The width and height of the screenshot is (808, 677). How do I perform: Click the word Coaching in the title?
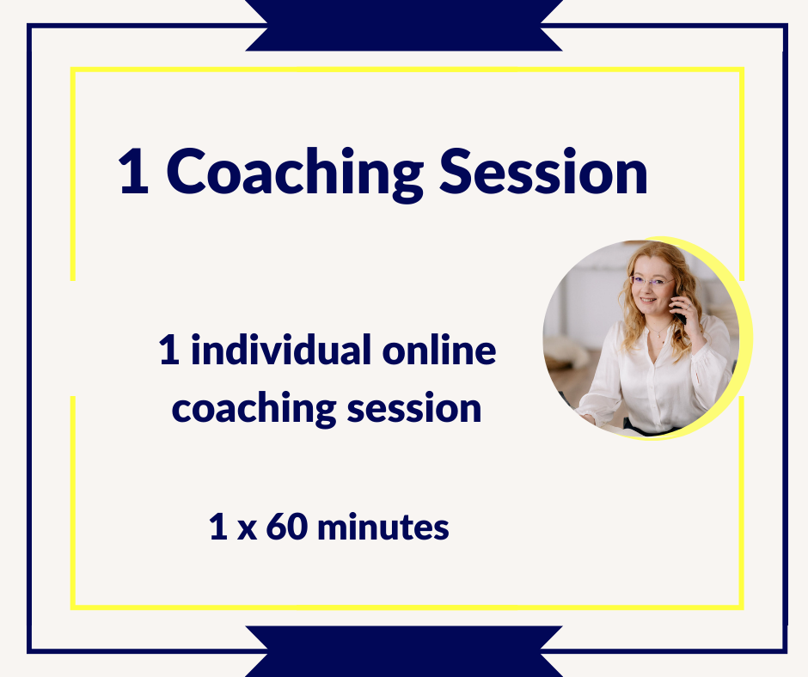[294, 174]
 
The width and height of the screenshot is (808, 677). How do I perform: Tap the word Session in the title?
[543, 172]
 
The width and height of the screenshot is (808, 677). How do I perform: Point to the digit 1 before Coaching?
[134, 172]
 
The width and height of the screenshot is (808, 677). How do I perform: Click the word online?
[439, 350]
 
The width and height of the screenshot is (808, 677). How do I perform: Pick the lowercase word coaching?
[254, 409]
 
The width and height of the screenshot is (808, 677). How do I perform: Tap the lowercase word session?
[414, 409]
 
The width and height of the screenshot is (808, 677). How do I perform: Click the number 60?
[287, 527]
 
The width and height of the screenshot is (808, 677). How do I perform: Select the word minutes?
[383, 527]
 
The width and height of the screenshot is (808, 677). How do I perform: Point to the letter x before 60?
[247, 529]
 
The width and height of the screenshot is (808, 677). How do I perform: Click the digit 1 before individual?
[169, 350]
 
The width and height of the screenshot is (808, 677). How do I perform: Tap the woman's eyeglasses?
[652, 281]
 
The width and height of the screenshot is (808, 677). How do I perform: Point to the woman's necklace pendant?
[659, 335]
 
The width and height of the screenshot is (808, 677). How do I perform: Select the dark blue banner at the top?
[404, 25]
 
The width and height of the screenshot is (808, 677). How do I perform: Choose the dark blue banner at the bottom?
[404, 652]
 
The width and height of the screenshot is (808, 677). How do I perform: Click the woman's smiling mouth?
[648, 300]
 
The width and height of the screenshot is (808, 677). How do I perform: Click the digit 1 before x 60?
[218, 527]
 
